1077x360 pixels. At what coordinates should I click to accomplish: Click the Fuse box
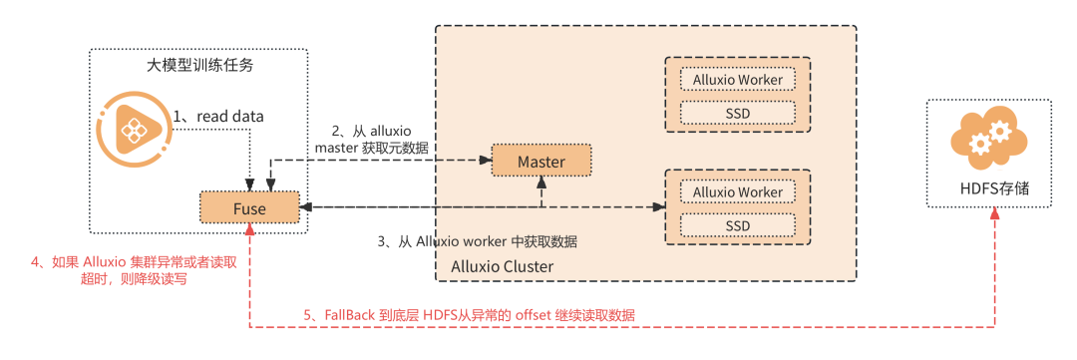click(249, 206)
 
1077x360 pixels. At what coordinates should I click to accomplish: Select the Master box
click(541, 162)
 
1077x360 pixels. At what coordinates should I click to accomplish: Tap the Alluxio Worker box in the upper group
click(737, 79)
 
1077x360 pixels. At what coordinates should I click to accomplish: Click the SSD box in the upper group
click(737, 112)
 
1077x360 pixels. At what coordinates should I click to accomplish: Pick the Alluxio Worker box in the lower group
click(737, 191)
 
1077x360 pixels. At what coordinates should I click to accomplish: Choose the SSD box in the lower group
click(737, 225)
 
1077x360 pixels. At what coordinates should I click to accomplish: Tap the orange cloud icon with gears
click(988, 140)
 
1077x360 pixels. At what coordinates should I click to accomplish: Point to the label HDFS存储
click(989, 187)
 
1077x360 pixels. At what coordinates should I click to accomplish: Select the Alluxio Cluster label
click(502, 266)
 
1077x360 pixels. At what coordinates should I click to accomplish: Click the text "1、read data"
click(217, 116)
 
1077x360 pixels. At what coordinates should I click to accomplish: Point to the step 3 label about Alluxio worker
click(478, 242)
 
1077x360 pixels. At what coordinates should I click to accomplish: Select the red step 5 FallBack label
click(469, 315)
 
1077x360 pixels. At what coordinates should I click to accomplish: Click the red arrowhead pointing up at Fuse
click(250, 228)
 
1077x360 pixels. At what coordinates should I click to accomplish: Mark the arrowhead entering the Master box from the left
click(486, 161)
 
